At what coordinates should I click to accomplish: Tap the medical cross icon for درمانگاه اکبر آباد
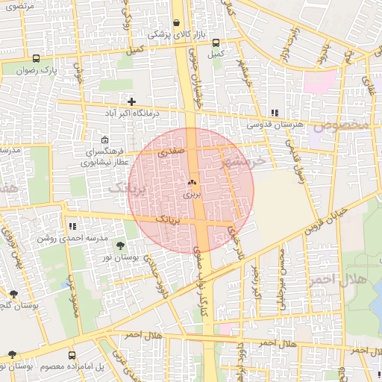(x=132, y=101)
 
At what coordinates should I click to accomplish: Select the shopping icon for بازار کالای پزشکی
(x=176, y=23)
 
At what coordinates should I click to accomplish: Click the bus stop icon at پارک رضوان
(x=37, y=58)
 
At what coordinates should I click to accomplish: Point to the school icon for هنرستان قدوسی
(x=275, y=113)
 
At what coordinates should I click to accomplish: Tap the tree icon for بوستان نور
(x=121, y=245)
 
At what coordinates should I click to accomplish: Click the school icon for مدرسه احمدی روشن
(x=72, y=226)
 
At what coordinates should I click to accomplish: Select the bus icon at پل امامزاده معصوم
(x=72, y=356)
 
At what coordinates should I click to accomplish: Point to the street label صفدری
(x=172, y=151)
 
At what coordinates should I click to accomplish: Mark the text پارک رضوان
(x=38, y=70)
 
